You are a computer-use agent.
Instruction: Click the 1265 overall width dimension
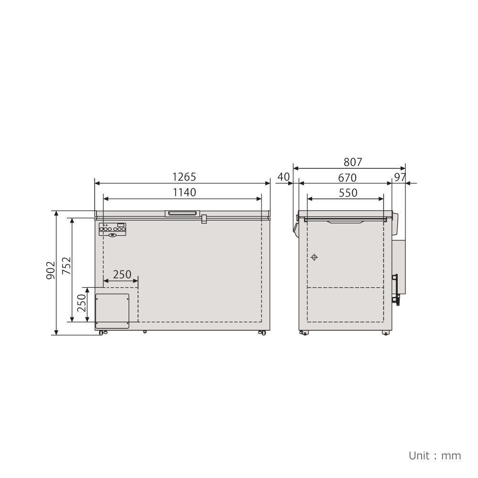184,177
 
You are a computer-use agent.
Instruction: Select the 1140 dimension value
184,192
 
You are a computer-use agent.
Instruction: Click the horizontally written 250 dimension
122,274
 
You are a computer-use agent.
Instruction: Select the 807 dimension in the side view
353,162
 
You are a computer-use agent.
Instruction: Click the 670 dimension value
347,177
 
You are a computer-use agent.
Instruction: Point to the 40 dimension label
284,177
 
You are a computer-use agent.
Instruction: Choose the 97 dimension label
400,177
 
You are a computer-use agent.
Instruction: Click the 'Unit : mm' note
435,456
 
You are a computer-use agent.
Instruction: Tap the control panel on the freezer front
113,229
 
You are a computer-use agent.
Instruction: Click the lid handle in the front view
182,213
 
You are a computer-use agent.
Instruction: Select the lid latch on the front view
204,219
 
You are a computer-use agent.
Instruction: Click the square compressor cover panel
113,311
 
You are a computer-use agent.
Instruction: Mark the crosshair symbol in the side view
314,257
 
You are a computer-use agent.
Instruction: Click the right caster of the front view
261,332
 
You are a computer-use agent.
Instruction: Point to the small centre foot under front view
145,331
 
